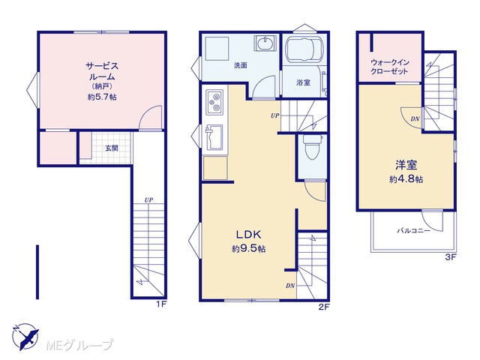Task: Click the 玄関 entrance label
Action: [x=112, y=148]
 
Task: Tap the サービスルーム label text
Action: [x=102, y=71]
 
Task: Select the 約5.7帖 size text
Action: [x=102, y=97]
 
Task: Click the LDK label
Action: [x=248, y=235]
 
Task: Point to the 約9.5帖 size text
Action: [x=248, y=248]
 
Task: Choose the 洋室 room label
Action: [x=406, y=165]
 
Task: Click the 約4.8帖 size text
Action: [x=406, y=179]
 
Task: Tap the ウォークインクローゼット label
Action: [x=390, y=67]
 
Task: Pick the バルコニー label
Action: [x=413, y=230]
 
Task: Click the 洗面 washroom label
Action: [x=241, y=65]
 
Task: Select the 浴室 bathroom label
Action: [x=303, y=82]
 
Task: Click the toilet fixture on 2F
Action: [x=312, y=147]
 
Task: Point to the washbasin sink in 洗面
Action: [x=265, y=43]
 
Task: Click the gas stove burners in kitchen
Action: [x=214, y=102]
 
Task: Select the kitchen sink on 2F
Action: [x=214, y=137]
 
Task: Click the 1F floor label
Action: [x=161, y=304]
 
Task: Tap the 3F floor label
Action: [x=451, y=257]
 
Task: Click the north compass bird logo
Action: [x=25, y=337]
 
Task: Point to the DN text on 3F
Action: [x=415, y=119]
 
